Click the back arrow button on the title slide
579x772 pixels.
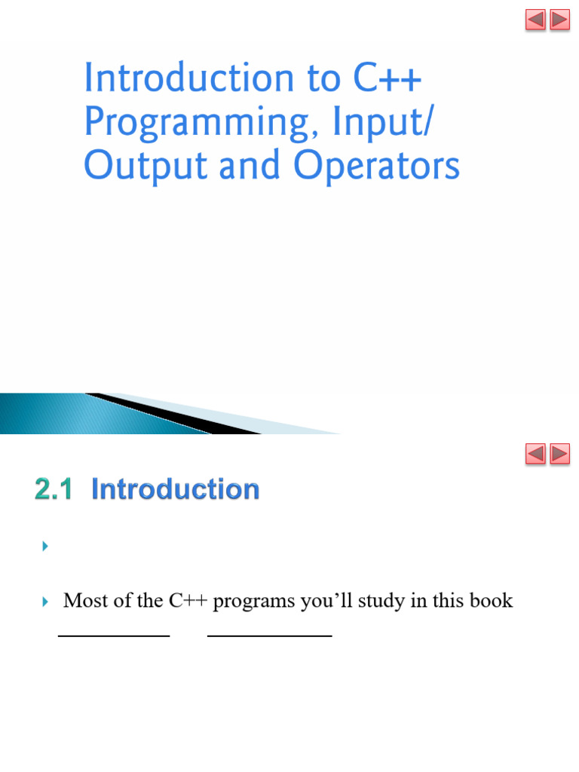click(x=535, y=20)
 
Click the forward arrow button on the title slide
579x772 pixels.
click(x=560, y=20)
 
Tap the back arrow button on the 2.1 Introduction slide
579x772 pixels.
click(x=535, y=453)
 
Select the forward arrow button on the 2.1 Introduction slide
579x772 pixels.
click(x=560, y=453)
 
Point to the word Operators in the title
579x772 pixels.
click(x=376, y=166)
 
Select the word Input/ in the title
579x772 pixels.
click(x=384, y=121)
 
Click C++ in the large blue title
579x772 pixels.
click(x=388, y=78)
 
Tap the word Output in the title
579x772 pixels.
click(x=146, y=166)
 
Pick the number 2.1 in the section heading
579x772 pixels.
click(x=54, y=489)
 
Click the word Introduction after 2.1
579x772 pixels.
click(x=175, y=489)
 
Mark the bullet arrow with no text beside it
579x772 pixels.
click(x=45, y=546)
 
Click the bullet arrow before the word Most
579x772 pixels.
click(x=45, y=601)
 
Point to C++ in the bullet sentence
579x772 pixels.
click(x=188, y=600)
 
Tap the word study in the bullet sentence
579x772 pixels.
click(x=381, y=601)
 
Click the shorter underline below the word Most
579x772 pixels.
click(x=114, y=636)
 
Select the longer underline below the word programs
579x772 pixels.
click(x=270, y=636)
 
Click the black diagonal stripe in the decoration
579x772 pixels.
click(x=173, y=414)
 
